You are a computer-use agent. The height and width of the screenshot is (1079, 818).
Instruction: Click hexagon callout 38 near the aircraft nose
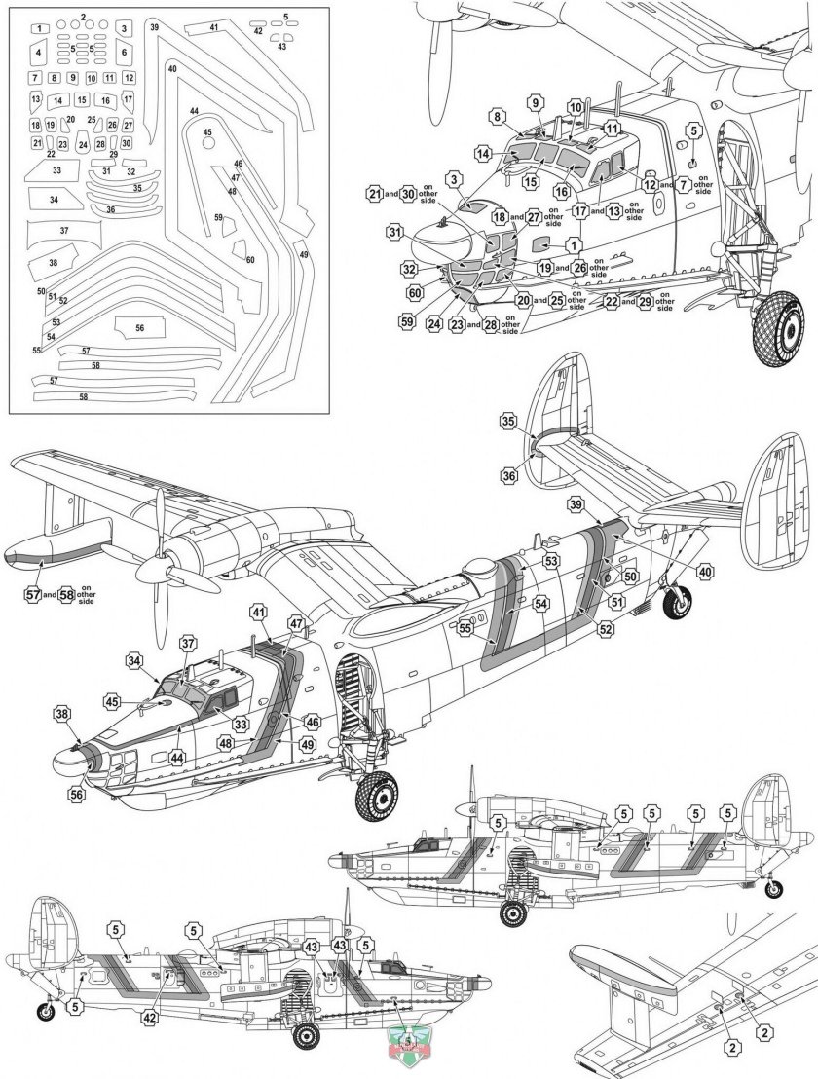coord(62,714)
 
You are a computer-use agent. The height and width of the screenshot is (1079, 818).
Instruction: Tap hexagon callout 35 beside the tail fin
coord(507,422)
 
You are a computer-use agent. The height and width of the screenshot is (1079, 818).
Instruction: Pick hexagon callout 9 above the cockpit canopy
coord(535,102)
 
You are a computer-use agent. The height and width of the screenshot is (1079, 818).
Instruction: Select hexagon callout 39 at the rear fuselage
coord(576,504)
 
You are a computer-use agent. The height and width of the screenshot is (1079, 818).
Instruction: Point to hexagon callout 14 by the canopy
coord(483,153)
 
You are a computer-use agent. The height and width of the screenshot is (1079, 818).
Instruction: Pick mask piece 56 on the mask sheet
coord(140,328)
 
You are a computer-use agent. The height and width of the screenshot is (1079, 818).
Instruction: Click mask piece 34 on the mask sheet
coord(55,200)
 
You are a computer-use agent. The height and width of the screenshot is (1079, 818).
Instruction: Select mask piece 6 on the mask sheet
coord(124,52)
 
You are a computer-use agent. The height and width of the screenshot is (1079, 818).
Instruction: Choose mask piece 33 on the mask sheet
coord(57,170)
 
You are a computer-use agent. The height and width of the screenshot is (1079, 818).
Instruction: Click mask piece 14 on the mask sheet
coord(57,100)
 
